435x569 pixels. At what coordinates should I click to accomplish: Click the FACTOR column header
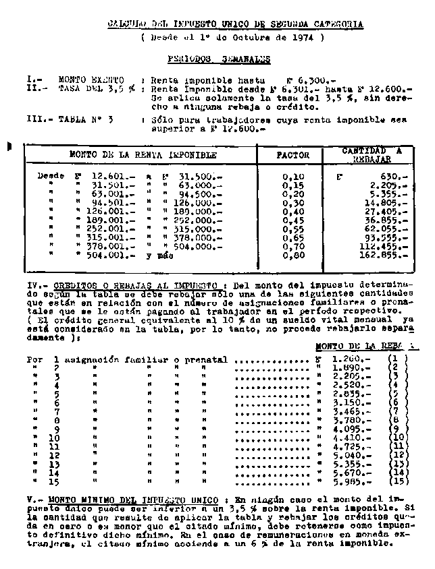pos(293,154)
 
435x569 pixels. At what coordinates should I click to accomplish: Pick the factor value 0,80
pos(293,256)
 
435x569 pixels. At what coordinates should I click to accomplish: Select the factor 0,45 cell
pos(293,220)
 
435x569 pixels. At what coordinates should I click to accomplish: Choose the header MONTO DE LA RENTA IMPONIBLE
pos(143,154)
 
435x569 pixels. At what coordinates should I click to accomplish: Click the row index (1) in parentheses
pos(398,360)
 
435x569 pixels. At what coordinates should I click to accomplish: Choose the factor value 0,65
pos(293,237)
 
